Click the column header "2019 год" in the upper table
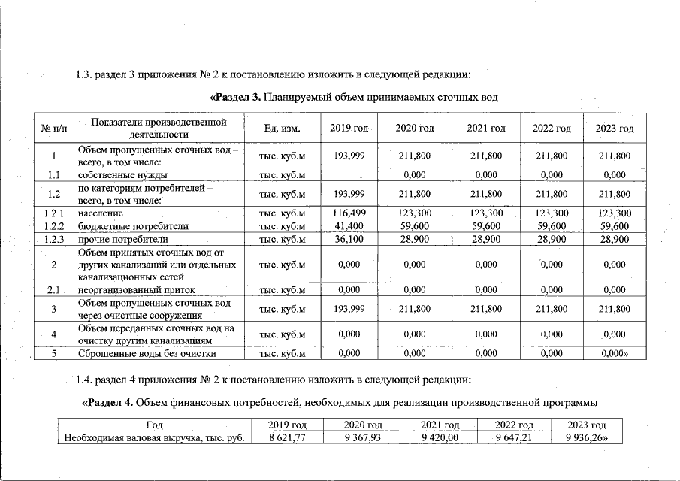click(x=349, y=129)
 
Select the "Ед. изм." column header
click(x=283, y=129)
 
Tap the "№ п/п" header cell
click(x=54, y=129)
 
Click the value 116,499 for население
click(x=349, y=213)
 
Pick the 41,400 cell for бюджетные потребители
click(x=349, y=225)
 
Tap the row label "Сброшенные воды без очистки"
click(x=147, y=353)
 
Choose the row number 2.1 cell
click(x=54, y=290)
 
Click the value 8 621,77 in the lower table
click(x=286, y=439)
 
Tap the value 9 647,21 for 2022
click(x=514, y=439)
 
